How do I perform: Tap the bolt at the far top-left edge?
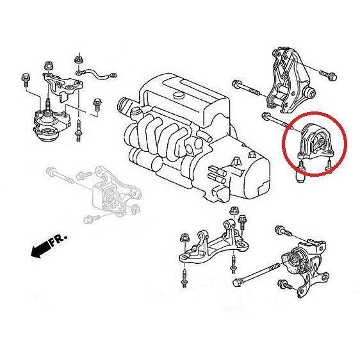point(22,81)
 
